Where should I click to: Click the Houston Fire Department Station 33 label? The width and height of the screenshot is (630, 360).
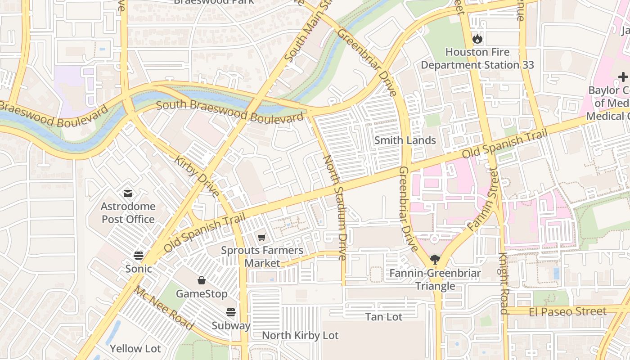[x=477, y=58]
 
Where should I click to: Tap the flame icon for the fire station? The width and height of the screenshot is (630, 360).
[x=477, y=39]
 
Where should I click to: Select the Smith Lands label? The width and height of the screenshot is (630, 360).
[x=405, y=140]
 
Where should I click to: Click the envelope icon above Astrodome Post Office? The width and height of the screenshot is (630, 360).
[x=128, y=193]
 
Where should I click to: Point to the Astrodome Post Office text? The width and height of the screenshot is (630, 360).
[x=128, y=213]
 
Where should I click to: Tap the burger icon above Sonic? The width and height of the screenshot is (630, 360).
[x=139, y=256]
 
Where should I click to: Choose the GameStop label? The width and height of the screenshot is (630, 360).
[x=202, y=294]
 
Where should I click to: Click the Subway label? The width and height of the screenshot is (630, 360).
[x=231, y=325]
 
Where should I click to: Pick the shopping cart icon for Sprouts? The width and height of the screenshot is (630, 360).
[x=262, y=237]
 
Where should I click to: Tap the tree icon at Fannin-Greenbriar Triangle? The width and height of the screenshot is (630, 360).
[x=435, y=259]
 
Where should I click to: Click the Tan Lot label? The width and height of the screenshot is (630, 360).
[x=384, y=317]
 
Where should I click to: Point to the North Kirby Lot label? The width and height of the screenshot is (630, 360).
[x=300, y=335]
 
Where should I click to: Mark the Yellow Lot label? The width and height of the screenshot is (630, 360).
[x=135, y=349]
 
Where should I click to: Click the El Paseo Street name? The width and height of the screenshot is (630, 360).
[x=567, y=311]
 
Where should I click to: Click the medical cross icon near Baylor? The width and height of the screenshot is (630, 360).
[x=623, y=77]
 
